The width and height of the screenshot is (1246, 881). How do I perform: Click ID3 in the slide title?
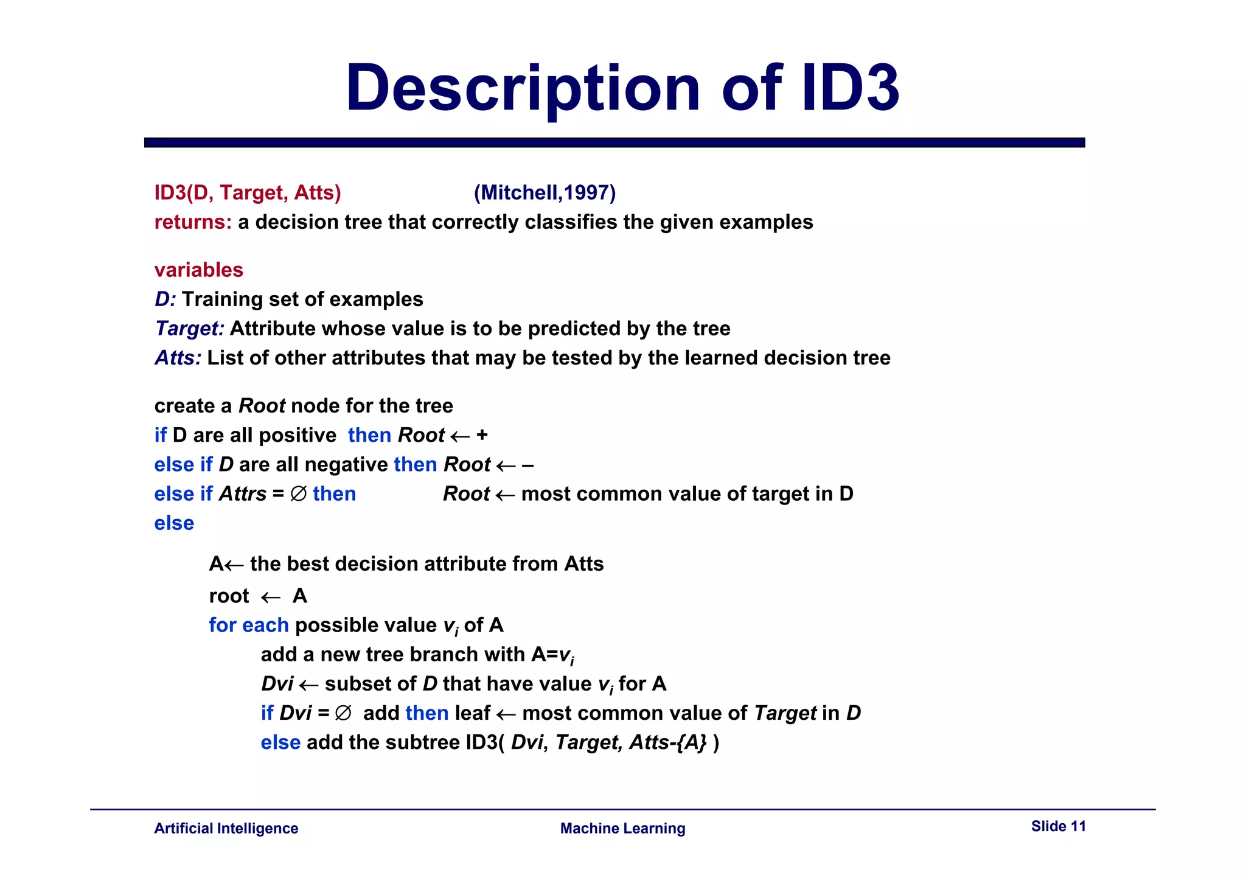click(x=851, y=89)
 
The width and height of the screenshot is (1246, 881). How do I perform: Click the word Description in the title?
click(x=523, y=89)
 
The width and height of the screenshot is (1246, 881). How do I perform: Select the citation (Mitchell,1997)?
click(x=545, y=193)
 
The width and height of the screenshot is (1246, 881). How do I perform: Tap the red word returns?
click(x=193, y=222)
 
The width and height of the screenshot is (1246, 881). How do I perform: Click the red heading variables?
click(x=199, y=270)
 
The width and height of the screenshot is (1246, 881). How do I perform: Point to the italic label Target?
click(x=190, y=329)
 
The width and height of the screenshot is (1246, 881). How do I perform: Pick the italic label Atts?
click(x=178, y=358)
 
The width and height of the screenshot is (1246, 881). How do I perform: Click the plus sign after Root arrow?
click(x=482, y=435)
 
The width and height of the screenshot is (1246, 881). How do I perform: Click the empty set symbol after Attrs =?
click(x=298, y=493)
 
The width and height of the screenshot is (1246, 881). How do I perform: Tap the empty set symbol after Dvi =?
click(x=343, y=713)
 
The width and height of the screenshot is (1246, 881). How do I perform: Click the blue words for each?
click(x=249, y=625)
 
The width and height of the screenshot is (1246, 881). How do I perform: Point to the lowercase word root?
click(x=229, y=596)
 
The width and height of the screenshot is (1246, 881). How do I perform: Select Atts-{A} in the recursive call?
click(x=668, y=742)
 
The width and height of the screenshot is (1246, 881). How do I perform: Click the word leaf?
click(x=473, y=713)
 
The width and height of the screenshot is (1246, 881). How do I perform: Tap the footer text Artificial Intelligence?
click(x=226, y=828)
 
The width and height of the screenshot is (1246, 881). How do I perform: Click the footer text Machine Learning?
click(x=622, y=828)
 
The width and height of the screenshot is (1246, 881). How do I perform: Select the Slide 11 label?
click(x=1058, y=826)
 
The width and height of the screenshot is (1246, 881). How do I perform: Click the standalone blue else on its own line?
click(x=174, y=523)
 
